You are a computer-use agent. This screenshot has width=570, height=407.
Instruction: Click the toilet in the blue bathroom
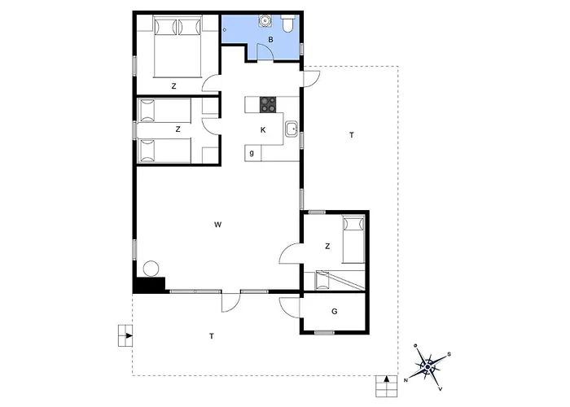[x=288, y=24]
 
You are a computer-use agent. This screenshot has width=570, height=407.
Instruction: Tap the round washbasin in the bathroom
[x=265, y=21]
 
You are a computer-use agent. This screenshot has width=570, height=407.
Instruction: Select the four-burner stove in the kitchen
[x=268, y=105]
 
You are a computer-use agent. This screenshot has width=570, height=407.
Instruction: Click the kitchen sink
[x=292, y=129]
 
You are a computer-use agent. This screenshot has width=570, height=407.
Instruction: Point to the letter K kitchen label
[x=263, y=129]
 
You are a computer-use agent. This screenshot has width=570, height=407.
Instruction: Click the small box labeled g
[x=252, y=153]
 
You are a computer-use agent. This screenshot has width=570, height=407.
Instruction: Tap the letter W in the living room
[x=217, y=225]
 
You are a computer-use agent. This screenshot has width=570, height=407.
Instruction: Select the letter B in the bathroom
[x=270, y=40]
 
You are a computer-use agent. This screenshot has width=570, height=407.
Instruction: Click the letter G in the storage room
[x=335, y=312]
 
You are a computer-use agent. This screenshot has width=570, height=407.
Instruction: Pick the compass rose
[x=427, y=366]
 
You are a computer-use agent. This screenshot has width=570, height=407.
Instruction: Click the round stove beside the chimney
[x=151, y=269]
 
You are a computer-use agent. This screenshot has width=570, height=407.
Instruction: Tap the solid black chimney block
[x=149, y=285]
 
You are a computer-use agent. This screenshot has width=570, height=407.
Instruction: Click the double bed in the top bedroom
[x=178, y=47]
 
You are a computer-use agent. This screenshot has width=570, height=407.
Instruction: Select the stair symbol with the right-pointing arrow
[x=125, y=335]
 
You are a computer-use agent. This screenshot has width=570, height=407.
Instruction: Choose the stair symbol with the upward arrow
[x=387, y=386]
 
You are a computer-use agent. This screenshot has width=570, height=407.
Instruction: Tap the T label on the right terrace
[x=352, y=135]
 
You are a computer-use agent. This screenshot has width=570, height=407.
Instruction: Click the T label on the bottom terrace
[x=212, y=336]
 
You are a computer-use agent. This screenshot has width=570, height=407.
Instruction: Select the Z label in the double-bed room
[x=173, y=86]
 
